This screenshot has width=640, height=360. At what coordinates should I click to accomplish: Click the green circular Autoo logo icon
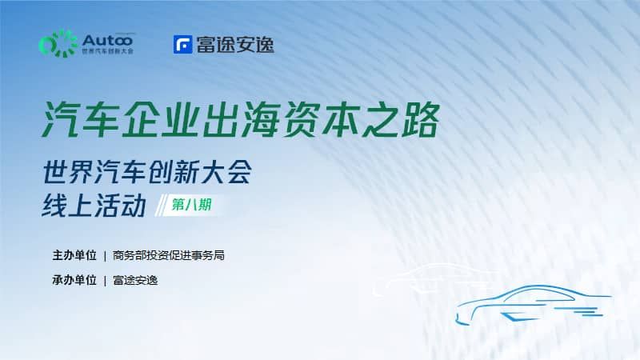point(58,44)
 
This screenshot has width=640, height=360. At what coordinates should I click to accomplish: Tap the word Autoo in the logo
point(108,41)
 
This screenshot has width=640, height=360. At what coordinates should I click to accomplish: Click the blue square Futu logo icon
point(183,45)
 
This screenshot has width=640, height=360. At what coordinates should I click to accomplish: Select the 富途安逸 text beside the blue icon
point(235,45)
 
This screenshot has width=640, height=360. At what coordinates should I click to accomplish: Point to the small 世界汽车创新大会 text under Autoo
point(108,51)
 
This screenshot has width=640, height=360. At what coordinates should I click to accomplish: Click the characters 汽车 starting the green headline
point(79,120)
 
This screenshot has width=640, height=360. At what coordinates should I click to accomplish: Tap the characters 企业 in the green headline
point(160,120)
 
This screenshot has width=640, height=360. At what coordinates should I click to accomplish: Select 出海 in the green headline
point(240,120)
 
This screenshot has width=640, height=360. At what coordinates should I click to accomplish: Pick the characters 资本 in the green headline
point(321,120)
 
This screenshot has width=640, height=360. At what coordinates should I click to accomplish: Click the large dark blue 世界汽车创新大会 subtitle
point(147,172)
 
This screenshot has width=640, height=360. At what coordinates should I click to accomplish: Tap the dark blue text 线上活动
point(94,206)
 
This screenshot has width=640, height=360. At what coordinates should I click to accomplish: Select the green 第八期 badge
point(191,205)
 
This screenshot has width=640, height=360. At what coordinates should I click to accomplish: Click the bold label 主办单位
point(74,255)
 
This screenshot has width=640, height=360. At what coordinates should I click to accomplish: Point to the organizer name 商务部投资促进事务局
point(169,255)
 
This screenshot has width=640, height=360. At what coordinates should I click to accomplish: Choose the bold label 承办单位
point(74,280)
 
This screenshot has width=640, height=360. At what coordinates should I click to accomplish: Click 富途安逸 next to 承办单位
point(135,280)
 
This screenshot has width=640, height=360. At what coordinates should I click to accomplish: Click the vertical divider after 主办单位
point(105,256)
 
